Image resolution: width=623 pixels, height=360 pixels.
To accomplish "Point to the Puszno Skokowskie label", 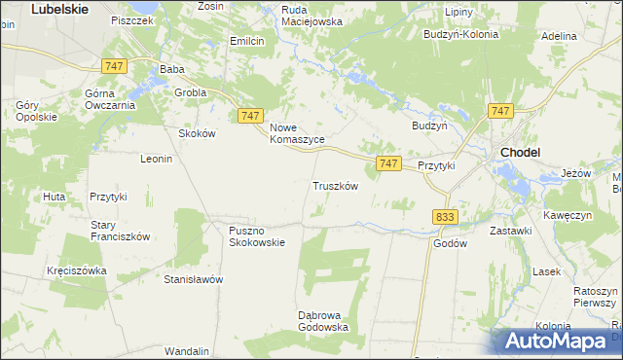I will pos(257,236).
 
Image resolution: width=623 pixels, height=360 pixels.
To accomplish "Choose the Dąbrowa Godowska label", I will pos(323,320).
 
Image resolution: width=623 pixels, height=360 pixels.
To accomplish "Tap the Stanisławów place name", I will pos(194,279).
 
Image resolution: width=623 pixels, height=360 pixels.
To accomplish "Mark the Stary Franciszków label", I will pos(120,230).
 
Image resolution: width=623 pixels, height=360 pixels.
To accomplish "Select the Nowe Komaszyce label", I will pos(297,133).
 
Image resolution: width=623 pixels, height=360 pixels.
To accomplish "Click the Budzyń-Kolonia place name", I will pos(460,33).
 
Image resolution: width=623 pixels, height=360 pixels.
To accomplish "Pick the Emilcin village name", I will pos(247,41).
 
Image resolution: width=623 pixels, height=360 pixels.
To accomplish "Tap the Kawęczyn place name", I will pos(570,214).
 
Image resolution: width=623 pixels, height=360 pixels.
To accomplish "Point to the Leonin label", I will pos(156,159).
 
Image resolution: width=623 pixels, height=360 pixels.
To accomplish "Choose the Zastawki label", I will pos(510,231).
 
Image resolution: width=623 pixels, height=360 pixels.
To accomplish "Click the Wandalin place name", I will pos(188,350).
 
